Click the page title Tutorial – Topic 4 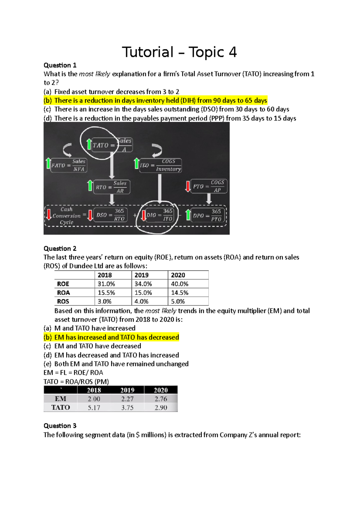click(x=179, y=52)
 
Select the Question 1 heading click(x=60, y=65)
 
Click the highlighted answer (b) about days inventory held click(x=155, y=100)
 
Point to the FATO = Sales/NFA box click(x=69, y=165)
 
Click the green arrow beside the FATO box click(x=48, y=164)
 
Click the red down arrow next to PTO click(x=188, y=186)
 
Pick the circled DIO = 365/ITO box click(x=160, y=215)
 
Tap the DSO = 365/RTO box click(x=110, y=215)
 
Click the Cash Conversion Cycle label click(x=66, y=216)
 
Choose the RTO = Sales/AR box click(x=112, y=187)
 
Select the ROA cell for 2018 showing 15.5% click(x=106, y=293)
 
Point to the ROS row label click(x=63, y=301)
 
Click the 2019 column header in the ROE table click(x=142, y=275)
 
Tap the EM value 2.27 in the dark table click(x=127, y=399)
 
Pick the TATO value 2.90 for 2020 click(x=161, y=408)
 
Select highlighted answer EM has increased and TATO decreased click(x=111, y=337)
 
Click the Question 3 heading click(x=60, y=426)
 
